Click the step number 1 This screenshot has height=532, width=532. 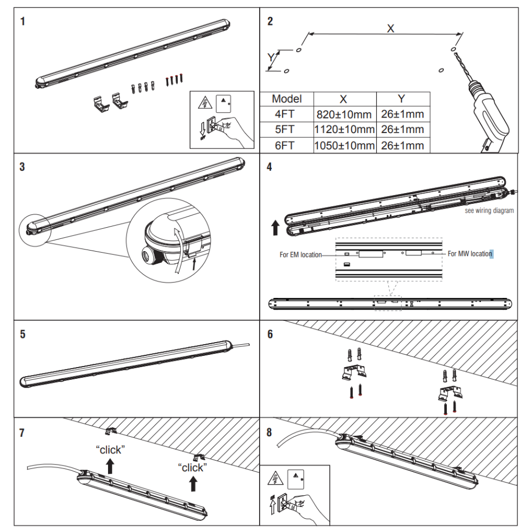22,22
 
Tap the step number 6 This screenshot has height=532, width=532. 270,334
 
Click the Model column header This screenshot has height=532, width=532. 287,99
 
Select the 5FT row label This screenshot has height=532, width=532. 287,130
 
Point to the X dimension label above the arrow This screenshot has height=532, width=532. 390,29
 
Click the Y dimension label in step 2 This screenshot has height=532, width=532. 270,57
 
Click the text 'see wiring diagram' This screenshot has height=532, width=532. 489,211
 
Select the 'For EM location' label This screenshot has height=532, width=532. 301,255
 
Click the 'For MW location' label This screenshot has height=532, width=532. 470,254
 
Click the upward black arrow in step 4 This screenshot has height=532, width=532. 275,228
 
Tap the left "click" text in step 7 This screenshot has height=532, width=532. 110,450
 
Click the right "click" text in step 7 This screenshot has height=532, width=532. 193,468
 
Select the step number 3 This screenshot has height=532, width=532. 22,167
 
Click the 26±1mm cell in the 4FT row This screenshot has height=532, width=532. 403,114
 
